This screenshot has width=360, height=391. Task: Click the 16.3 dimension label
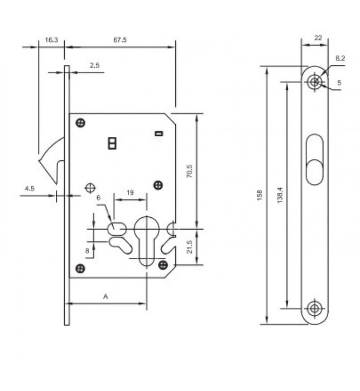51,40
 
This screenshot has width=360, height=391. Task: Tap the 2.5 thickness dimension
94,65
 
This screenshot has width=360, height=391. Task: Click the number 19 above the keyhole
130,192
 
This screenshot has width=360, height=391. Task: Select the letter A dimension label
106,297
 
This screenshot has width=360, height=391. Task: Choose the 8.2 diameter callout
340,58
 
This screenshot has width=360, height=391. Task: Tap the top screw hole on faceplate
316,83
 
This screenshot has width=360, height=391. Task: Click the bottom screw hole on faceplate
316,308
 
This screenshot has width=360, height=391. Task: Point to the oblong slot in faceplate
315,159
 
